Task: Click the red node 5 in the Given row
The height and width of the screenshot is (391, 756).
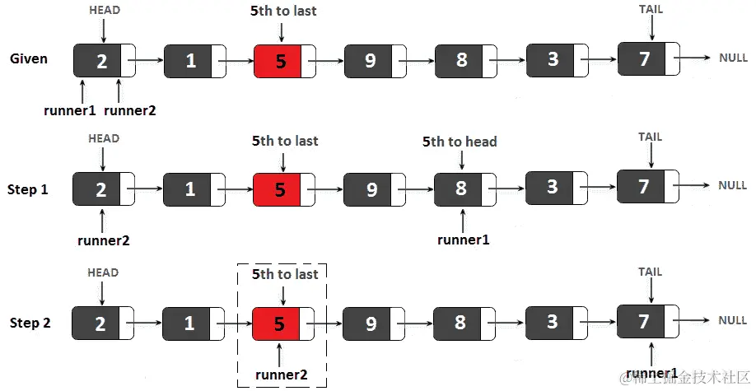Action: click(x=278, y=61)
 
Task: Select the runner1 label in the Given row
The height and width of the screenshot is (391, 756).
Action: click(x=70, y=109)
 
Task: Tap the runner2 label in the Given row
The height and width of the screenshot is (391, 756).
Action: click(x=131, y=109)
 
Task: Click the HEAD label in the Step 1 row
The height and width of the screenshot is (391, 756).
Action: click(x=104, y=138)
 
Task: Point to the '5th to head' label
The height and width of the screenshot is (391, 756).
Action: click(x=460, y=142)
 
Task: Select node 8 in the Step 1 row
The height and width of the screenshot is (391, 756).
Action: click(x=460, y=189)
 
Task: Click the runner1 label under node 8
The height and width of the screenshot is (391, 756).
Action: click(x=464, y=240)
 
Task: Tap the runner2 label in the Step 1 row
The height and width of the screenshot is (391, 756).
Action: click(x=104, y=241)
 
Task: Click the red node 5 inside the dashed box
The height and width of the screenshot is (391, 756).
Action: click(x=278, y=324)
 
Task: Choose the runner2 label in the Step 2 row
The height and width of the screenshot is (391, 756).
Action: click(x=281, y=375)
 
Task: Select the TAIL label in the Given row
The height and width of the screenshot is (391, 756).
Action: click(x=650, y=10)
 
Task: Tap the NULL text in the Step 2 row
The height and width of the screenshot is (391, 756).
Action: click(x=732, y=321)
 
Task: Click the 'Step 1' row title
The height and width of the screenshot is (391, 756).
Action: click(x=28, y=189)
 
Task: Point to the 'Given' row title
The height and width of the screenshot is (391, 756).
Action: click(x=29, y=59)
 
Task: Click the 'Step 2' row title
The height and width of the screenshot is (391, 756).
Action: click(x=30, y=323)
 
